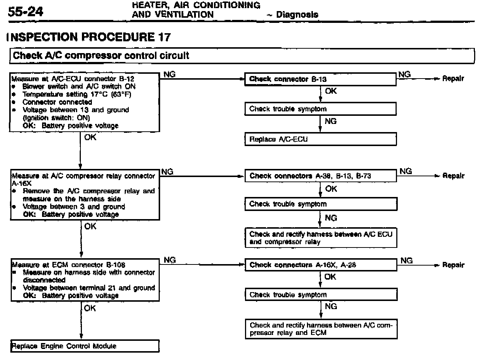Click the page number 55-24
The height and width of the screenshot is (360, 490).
point(25,11)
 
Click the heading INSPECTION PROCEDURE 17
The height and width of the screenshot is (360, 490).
point(89,37)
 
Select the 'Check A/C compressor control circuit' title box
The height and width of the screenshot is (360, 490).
point(242,56)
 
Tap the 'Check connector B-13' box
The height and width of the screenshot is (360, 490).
point(320,79)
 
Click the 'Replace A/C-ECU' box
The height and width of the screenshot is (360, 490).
point(320,139)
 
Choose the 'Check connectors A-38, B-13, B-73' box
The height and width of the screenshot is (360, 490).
point(320,176)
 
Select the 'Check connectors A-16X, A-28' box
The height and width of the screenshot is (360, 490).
point(320,265)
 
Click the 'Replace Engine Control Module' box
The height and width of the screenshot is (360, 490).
point(84,346)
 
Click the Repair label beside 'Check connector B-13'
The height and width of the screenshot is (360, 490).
point(453,79)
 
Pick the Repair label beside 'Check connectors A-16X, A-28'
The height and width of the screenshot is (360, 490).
point(453,265)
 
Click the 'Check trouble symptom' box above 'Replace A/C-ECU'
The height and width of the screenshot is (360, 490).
point(320,109)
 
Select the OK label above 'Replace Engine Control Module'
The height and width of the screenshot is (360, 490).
point(90,308)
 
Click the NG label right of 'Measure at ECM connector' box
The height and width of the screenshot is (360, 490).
point(170,260)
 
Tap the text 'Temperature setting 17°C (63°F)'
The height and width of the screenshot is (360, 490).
point(77,94)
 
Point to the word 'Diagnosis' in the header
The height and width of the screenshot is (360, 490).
point(297,15)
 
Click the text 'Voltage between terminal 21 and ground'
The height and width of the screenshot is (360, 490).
point(89,288)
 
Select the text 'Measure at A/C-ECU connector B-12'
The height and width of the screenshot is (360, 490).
point(73,79)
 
